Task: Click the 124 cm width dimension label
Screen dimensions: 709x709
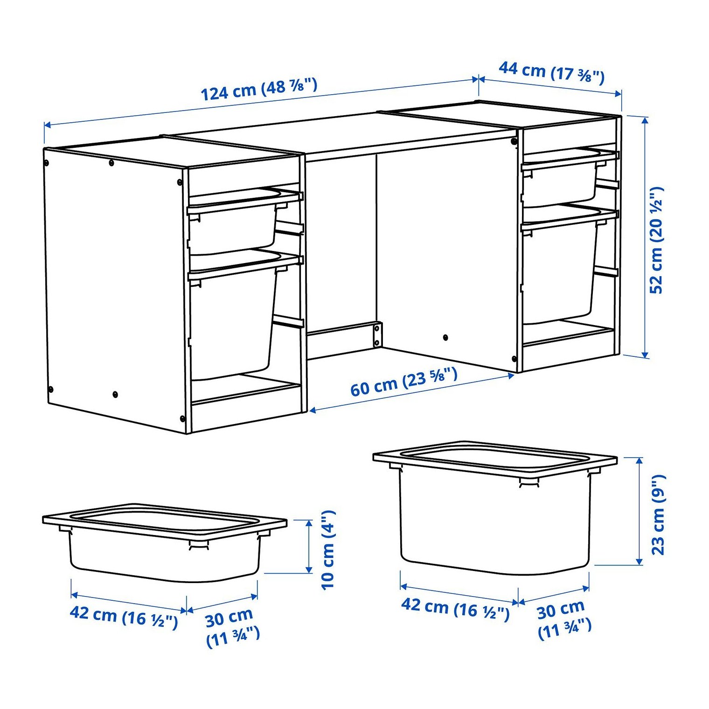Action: pyautogui.click(x=259, y=90)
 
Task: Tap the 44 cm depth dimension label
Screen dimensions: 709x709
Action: pyautogui.click(x=551, y=72)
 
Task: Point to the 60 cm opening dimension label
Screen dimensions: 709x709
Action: pyautogui.click(x=404, y=382)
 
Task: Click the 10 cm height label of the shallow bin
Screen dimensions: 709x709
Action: pyautogui.click(x=328, y=550)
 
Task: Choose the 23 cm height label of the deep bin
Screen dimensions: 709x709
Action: pyautogui.click(x=658, y=515)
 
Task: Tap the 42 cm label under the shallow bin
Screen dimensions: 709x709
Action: pyautogui.click(x=124, y=617)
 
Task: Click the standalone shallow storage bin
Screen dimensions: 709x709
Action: pyautogui.click(x=164, y=542)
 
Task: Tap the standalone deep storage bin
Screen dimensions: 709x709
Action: pyautogui.click(x=495, y=507)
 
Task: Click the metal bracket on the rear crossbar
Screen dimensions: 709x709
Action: pyautogui.click(x=376, y=334)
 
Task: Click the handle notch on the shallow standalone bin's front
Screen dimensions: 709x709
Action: pyautogui.click(x=199, y=545)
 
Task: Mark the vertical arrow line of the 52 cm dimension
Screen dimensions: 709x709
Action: pyautogui.click(x=645, y=237)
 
